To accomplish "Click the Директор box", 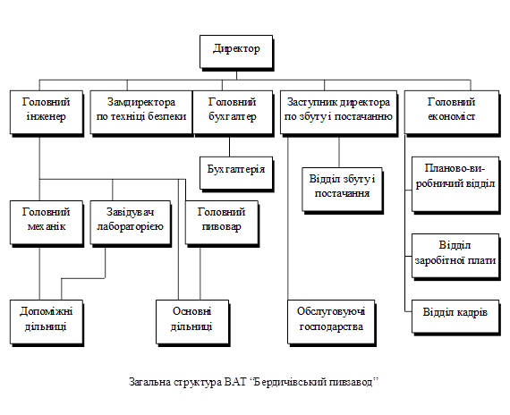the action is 236,53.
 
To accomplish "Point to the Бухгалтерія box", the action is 236,174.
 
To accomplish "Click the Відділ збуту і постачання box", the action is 343,191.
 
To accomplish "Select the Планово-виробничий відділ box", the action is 455,185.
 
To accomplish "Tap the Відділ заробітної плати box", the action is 455,257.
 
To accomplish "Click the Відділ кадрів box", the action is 455,317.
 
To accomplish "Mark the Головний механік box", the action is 47,224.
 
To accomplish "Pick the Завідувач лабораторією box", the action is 131,224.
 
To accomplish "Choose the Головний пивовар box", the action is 222,224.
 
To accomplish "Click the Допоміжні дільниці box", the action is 47,323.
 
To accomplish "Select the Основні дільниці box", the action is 192,323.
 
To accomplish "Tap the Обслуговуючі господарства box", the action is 331,323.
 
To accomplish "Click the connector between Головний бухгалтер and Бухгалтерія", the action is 229,147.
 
